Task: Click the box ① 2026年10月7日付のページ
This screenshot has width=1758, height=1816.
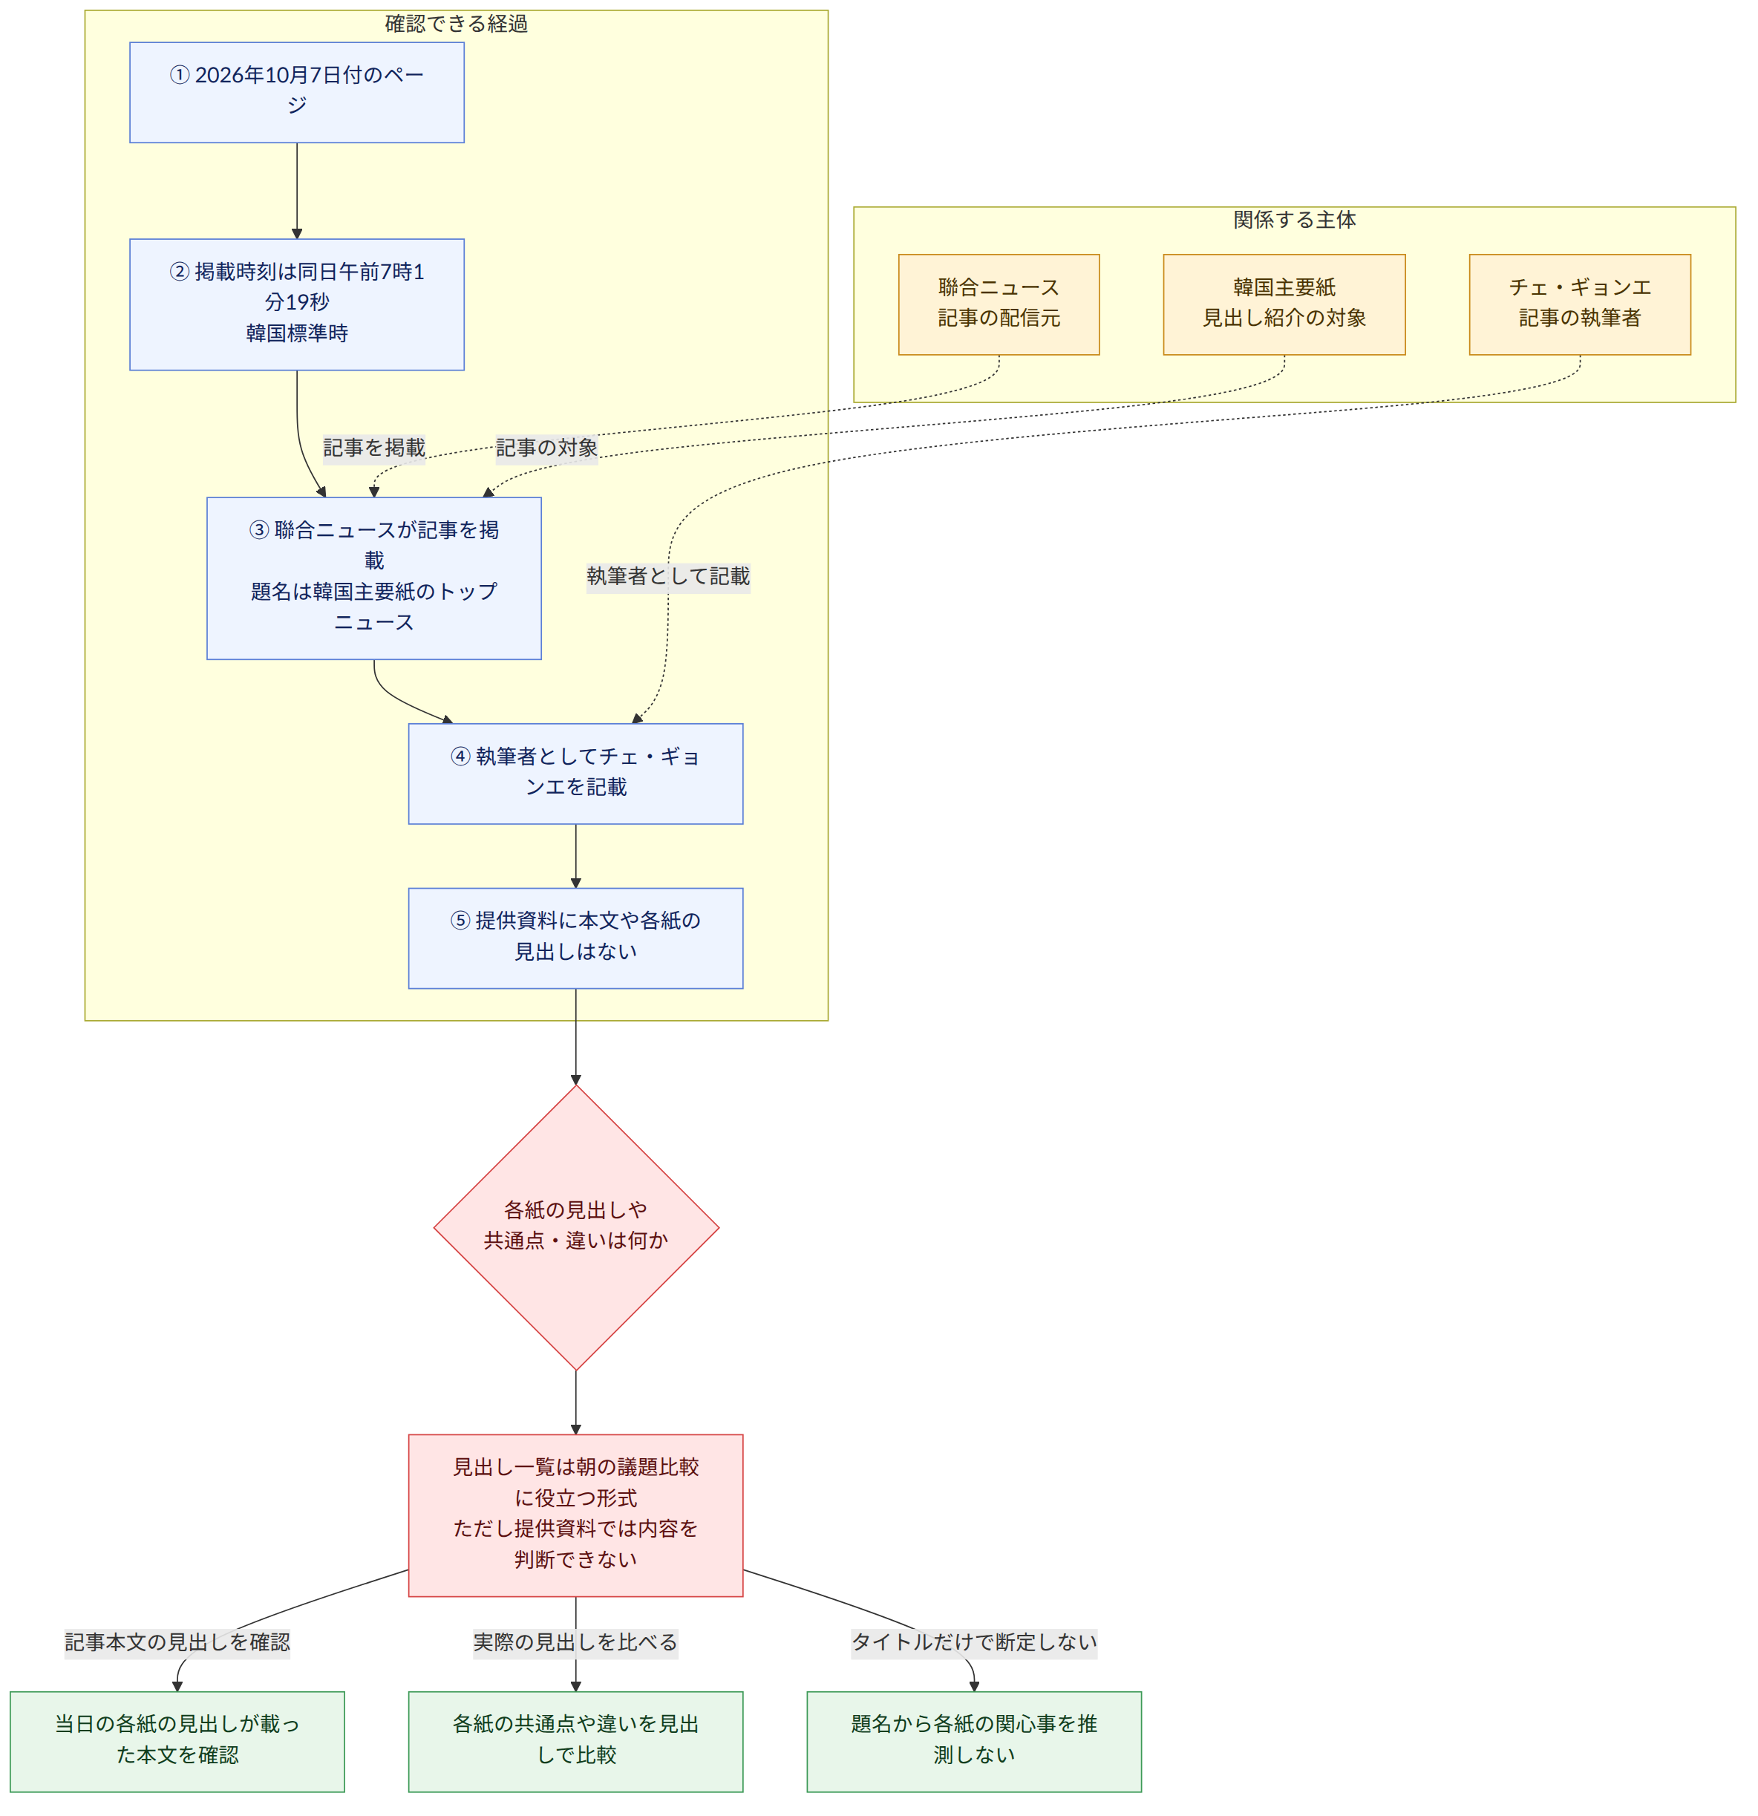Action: (296, 93)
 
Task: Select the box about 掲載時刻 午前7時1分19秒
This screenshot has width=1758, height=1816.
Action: (296, 305)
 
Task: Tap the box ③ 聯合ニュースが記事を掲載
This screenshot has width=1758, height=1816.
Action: (373, 578)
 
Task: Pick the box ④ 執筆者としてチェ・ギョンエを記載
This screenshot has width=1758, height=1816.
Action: (575, 774)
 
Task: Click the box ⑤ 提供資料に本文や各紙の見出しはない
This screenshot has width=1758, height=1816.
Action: (575, 938)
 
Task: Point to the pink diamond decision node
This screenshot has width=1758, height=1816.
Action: (575, 1228)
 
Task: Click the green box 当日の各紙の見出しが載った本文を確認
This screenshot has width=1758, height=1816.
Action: (177, 1742)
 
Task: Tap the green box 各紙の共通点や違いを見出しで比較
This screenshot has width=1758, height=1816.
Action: (575, 1742)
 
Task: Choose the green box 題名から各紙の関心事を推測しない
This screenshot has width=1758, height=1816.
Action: (974, 1742)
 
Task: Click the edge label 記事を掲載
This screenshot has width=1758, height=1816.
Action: (374, 448)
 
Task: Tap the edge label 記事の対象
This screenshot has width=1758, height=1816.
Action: (546, 448)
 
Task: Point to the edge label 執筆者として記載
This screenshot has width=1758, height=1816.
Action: (668, 576)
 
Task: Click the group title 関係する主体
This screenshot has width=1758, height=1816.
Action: (1295, 220)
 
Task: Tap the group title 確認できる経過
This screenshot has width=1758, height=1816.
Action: (456, 23)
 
